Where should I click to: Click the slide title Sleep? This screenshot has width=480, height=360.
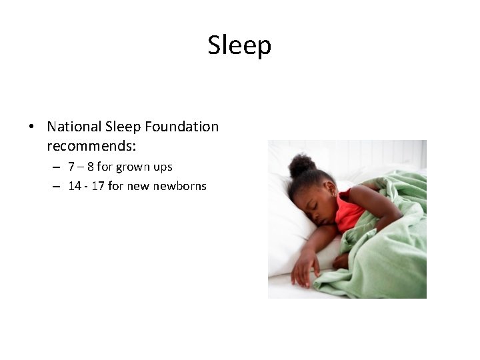click(x=239, y=45)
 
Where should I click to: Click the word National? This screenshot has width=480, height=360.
click(x=75, y=126)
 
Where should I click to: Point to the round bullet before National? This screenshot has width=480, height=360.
click(x=31, y=127)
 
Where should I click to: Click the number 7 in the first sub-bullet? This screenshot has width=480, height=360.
click(x=71, y=167)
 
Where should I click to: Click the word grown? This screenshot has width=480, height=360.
click(x=133, y=167)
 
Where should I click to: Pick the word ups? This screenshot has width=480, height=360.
click(x=163, y=167)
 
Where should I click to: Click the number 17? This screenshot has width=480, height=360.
click(x=98, y=186)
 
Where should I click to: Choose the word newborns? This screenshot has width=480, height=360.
click(x=179, y=186)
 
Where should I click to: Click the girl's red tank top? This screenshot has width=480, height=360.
click(x=349, y=212)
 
